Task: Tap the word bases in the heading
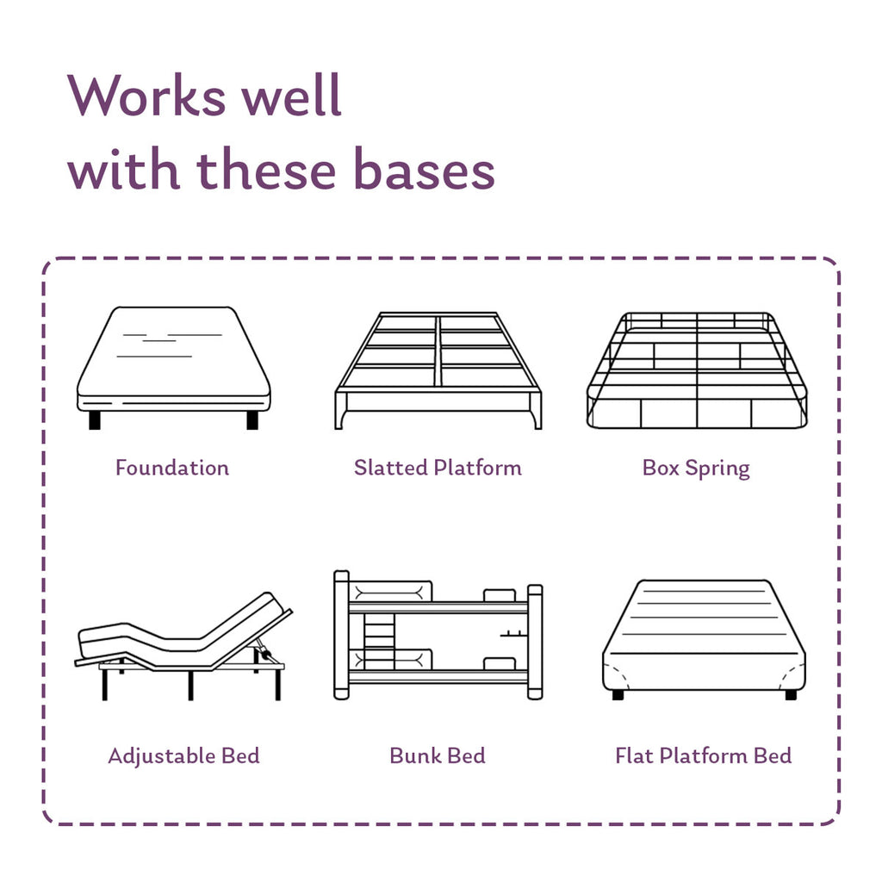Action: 424,169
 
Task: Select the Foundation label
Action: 172,468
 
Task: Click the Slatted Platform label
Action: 438,468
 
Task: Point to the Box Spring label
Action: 696,469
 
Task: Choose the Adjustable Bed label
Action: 184,756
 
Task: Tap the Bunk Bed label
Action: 437,755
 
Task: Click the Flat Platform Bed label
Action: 703,755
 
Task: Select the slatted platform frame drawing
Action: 438,370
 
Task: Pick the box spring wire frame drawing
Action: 697,370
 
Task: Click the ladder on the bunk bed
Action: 379,641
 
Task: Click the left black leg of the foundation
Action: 95,420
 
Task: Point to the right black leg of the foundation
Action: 252,420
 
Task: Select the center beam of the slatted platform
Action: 438,351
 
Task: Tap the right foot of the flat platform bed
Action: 791,695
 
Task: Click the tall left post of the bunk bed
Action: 341,635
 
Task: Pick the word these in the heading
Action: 267,169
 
